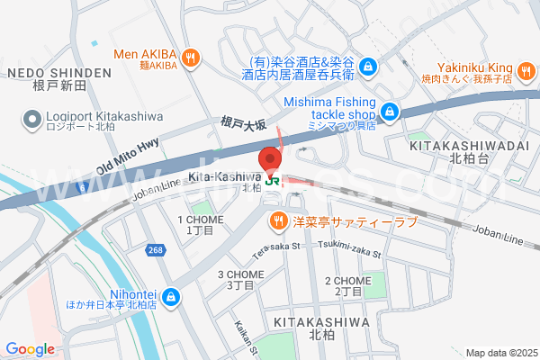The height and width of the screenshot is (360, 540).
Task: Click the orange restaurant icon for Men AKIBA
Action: click(x=189, y=59)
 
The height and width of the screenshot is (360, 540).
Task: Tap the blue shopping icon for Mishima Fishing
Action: click(x=389, y=111)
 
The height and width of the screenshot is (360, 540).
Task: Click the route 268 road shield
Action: click(x=157, y=249)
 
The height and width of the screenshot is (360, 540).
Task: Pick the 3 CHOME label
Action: click(x=239, y=274)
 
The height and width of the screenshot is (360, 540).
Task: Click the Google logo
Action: click(x=31, y=348)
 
